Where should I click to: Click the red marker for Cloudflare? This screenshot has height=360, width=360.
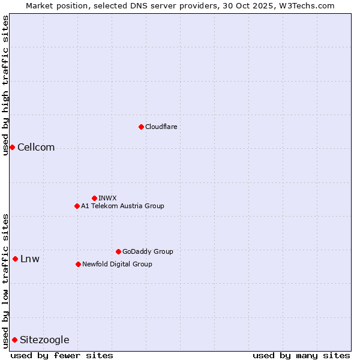pos(141,127)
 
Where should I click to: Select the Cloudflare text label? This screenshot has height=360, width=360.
pos(161,127)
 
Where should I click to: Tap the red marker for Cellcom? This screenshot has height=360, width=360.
pos(12,147)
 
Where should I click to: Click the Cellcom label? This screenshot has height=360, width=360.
pos(36,148)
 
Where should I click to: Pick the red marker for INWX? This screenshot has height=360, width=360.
pos(94,198)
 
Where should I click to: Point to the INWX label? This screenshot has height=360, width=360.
pos(107,198)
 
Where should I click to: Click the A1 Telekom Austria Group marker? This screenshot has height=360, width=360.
pos(77,206)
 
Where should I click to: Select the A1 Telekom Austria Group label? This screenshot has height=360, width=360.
pos(122,206)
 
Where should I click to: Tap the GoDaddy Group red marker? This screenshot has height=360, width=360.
pos(118,251)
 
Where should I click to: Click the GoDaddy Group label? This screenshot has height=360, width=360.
pos(147,251)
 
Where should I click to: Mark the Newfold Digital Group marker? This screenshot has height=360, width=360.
pos(78,264)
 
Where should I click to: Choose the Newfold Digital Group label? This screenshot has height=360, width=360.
pos(117,264)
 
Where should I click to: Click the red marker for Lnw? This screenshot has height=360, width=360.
pos(15,259)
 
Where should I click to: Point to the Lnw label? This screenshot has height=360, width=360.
pos(30,259)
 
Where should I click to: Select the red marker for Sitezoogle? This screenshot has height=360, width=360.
pos(14,340)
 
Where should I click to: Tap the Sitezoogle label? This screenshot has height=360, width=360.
pos(44,340)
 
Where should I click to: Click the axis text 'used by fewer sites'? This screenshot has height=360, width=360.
pos(62,355)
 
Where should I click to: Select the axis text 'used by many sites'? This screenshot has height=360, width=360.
pos(301,355)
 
